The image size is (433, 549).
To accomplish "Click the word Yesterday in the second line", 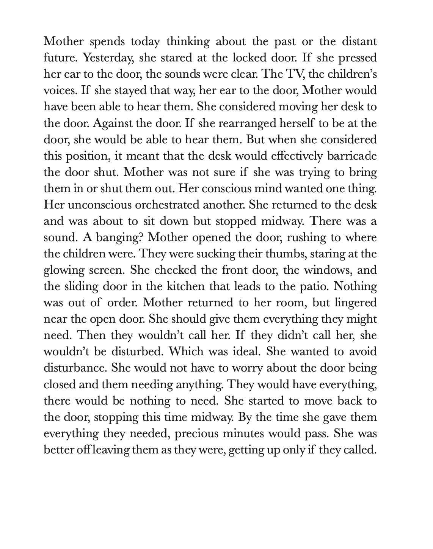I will [107, 58].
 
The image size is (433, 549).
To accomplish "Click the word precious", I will [196, 433].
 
